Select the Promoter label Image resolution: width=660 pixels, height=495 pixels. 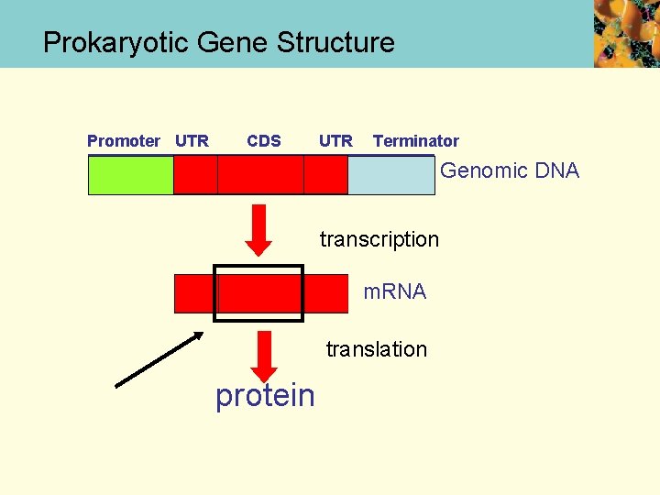[x=123, y=140]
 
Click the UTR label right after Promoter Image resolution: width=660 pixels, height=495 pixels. [x=192, y=140]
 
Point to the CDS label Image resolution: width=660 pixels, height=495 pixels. [x=264, y=140]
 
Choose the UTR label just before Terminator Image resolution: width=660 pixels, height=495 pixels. [x=335, y=140]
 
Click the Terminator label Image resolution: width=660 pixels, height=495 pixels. [x=415, y=140]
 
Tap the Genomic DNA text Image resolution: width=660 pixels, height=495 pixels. [x=510, y=170]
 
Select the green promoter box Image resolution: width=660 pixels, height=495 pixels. [x=130, y=175]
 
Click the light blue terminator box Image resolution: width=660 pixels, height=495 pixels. [x=391, y=175]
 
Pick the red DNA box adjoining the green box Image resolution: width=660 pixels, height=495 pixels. [x=195, y=175]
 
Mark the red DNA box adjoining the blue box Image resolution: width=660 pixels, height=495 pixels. [x=325, y=175]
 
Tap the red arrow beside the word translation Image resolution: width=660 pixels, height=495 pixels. [x=265, y=355]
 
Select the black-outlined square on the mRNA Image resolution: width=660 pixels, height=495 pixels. [x=258, y=293]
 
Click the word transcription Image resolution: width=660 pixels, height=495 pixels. [x=379, y=239]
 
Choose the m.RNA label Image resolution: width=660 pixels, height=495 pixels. [x=394, y=291]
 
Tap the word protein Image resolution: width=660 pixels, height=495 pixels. [x=265, y=395]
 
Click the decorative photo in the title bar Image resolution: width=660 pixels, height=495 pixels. [x=626, y=34]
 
